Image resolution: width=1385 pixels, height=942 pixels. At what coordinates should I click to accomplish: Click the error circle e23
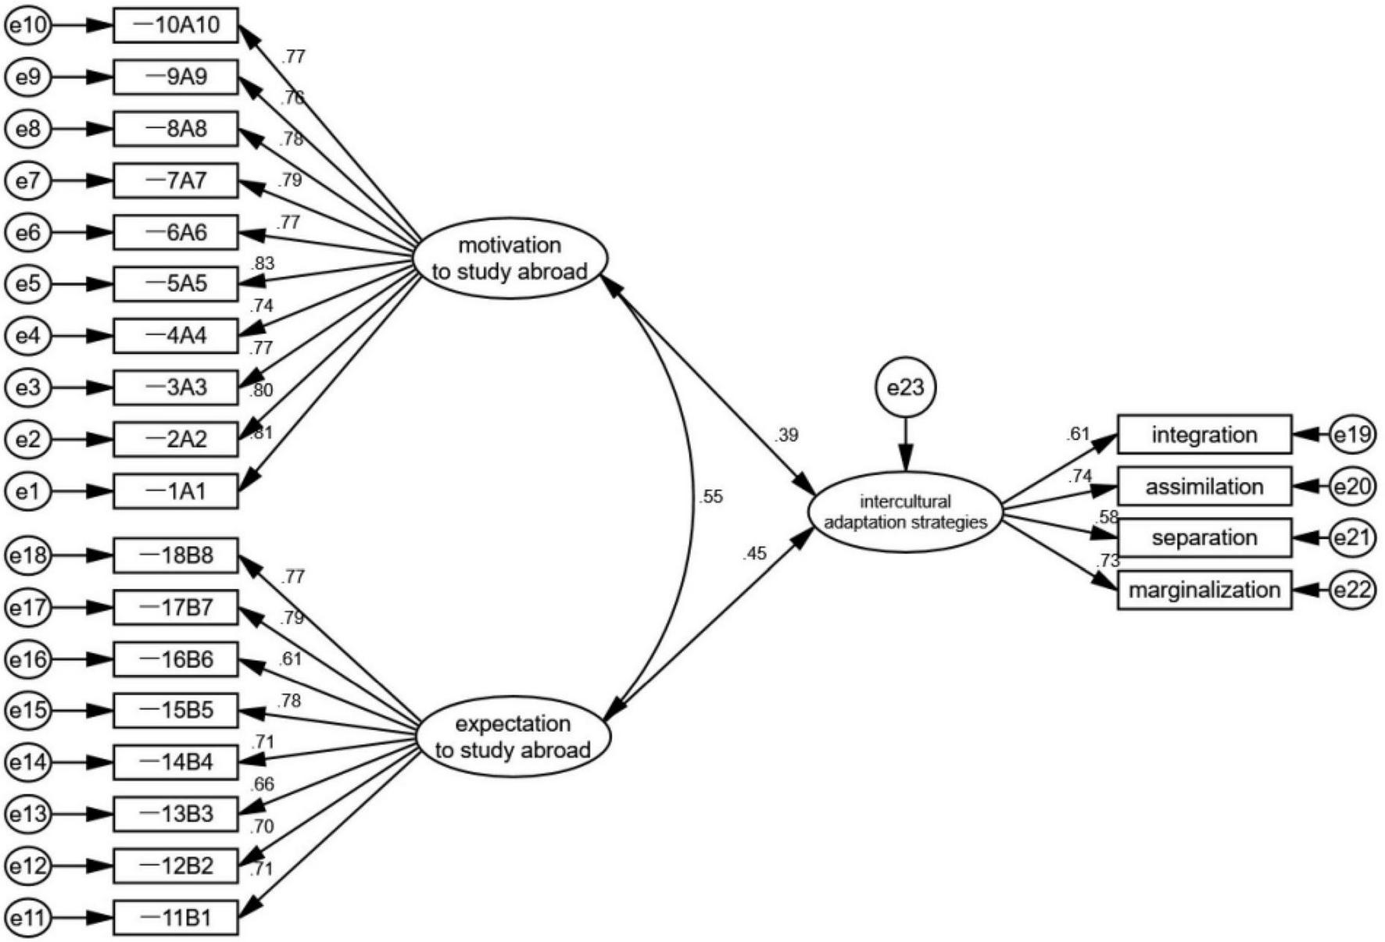(905, 387)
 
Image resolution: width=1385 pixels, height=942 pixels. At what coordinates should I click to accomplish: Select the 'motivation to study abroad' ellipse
(510, 259)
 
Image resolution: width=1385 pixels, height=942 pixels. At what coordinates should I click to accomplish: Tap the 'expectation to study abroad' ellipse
(512, 737)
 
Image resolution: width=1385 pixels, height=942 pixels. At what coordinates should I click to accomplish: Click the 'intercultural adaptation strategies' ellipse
(906, 512)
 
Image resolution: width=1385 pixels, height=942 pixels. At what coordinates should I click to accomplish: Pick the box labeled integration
(1204, 435)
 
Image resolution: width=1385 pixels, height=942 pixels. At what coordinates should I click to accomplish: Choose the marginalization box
(1204, 590)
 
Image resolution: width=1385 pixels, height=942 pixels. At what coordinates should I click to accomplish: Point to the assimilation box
(1204, 487)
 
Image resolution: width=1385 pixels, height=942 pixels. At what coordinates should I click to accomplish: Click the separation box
(1204, 538)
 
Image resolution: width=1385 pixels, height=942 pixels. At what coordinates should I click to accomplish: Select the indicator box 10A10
(176, 26)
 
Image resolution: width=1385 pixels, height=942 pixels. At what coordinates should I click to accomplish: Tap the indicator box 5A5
(176, 284)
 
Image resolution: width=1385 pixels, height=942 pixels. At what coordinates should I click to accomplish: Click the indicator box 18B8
(176, 556)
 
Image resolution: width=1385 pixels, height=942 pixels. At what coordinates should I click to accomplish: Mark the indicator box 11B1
(176, 917)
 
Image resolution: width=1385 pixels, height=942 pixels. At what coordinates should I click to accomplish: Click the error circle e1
(28, 491)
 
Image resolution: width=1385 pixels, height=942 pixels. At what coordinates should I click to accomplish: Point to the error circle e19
(1353, 435)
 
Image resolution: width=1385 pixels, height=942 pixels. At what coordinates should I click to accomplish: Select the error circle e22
(1353, 590)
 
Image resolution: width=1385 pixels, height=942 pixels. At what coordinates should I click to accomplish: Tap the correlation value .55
(711, 497)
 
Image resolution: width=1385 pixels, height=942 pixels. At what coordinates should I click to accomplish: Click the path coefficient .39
(786, 435)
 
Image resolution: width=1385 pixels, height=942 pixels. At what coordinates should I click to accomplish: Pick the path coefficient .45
(755, 554)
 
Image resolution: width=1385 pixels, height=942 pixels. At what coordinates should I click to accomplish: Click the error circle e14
(28, 762)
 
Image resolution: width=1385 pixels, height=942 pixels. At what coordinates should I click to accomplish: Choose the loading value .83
(263, 264)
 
